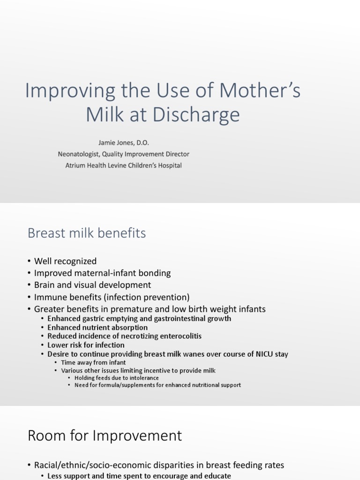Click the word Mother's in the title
point(260,90)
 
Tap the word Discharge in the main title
point(196,115)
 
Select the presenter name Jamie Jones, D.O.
point(124,142)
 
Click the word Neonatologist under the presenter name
point(78,154)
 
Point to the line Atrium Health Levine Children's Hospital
point(124,165)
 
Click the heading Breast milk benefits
point(87,233)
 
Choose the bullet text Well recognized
point(65,261)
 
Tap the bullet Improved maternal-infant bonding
point(102,273)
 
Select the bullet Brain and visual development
point(92,285)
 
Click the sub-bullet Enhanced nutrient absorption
point(97,328)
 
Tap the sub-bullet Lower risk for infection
point(86,345)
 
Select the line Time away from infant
point(93,363)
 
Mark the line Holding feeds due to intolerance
point(117,378)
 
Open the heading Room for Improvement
point(105,435)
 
